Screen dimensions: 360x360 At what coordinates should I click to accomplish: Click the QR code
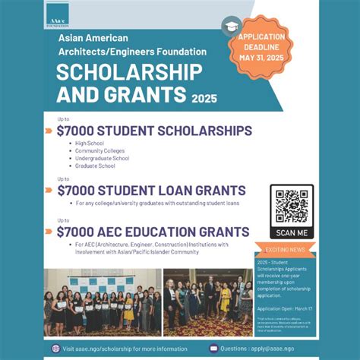[292, 206]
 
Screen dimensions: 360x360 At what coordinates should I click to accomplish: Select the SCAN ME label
[292, 232]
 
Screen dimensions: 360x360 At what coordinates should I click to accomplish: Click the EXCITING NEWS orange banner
[286, 249]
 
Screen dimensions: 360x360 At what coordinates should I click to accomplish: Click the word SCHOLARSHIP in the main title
[130, 73]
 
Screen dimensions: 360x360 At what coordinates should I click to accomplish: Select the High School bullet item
[90, 143]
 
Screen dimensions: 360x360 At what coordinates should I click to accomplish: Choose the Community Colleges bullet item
[99, 150]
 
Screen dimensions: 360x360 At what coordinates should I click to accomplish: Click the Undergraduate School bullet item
[103, 158]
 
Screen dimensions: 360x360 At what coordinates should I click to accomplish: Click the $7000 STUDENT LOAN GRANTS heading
[151, 190]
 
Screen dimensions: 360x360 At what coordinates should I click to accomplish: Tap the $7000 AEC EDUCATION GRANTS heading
[153, 231]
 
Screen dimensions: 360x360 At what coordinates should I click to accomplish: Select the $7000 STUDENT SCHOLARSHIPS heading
[154, 131]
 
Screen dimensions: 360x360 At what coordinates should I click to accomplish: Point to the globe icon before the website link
[55, 348]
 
